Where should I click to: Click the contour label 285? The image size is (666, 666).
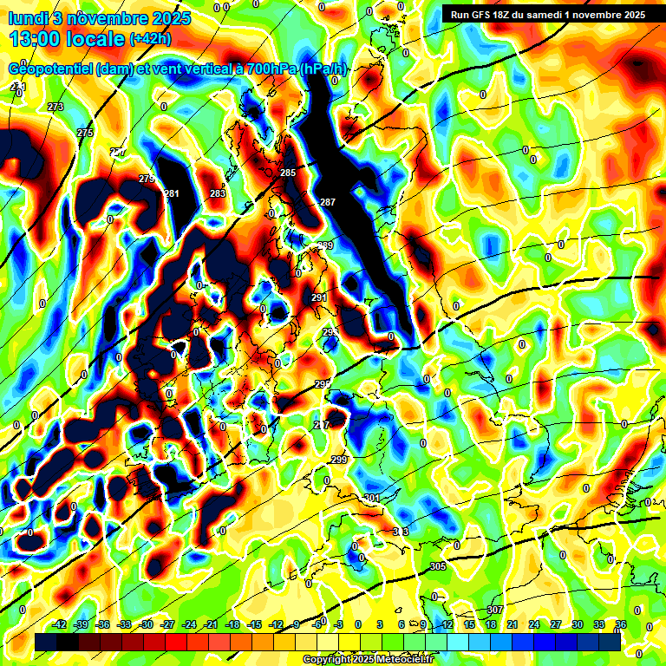click(288, 173)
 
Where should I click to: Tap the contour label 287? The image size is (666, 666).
click(328, 202)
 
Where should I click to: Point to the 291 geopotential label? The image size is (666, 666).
click(319, 297)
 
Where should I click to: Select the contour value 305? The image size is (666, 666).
click(438, 566)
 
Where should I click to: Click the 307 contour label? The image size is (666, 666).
click(494, 610)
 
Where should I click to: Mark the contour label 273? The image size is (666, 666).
click(56, 107)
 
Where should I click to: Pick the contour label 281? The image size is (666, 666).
click(172, 193)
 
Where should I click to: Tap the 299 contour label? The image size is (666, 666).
click(339, 460)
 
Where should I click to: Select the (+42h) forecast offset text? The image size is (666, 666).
click(150, 39)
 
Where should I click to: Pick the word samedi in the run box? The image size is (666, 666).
click(546, 14)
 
